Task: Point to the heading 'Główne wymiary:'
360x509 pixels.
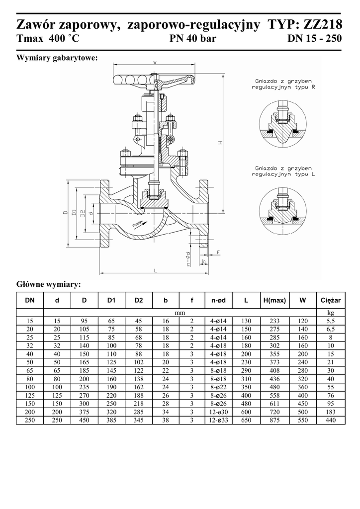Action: point(48,285)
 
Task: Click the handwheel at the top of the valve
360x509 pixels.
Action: point(155,80)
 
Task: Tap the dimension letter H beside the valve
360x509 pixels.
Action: point(220,143)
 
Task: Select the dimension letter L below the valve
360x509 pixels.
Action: point(155,270)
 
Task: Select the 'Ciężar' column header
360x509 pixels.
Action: point(330,301)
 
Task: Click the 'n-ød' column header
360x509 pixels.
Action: point(219,301)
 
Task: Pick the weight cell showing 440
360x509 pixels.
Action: point(330,421)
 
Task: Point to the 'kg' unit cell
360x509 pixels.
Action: point(330,313)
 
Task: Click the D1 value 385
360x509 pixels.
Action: point(111,421)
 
